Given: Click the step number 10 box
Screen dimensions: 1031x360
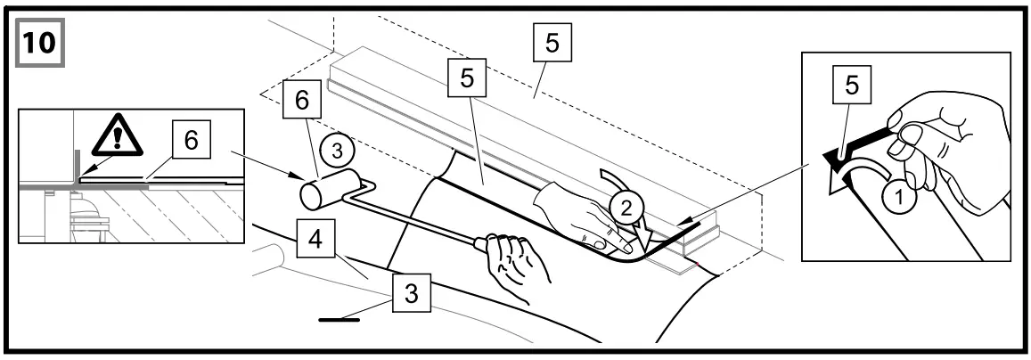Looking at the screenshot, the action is coord(37,41).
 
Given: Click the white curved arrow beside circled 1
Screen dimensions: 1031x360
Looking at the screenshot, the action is coord(857,173).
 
